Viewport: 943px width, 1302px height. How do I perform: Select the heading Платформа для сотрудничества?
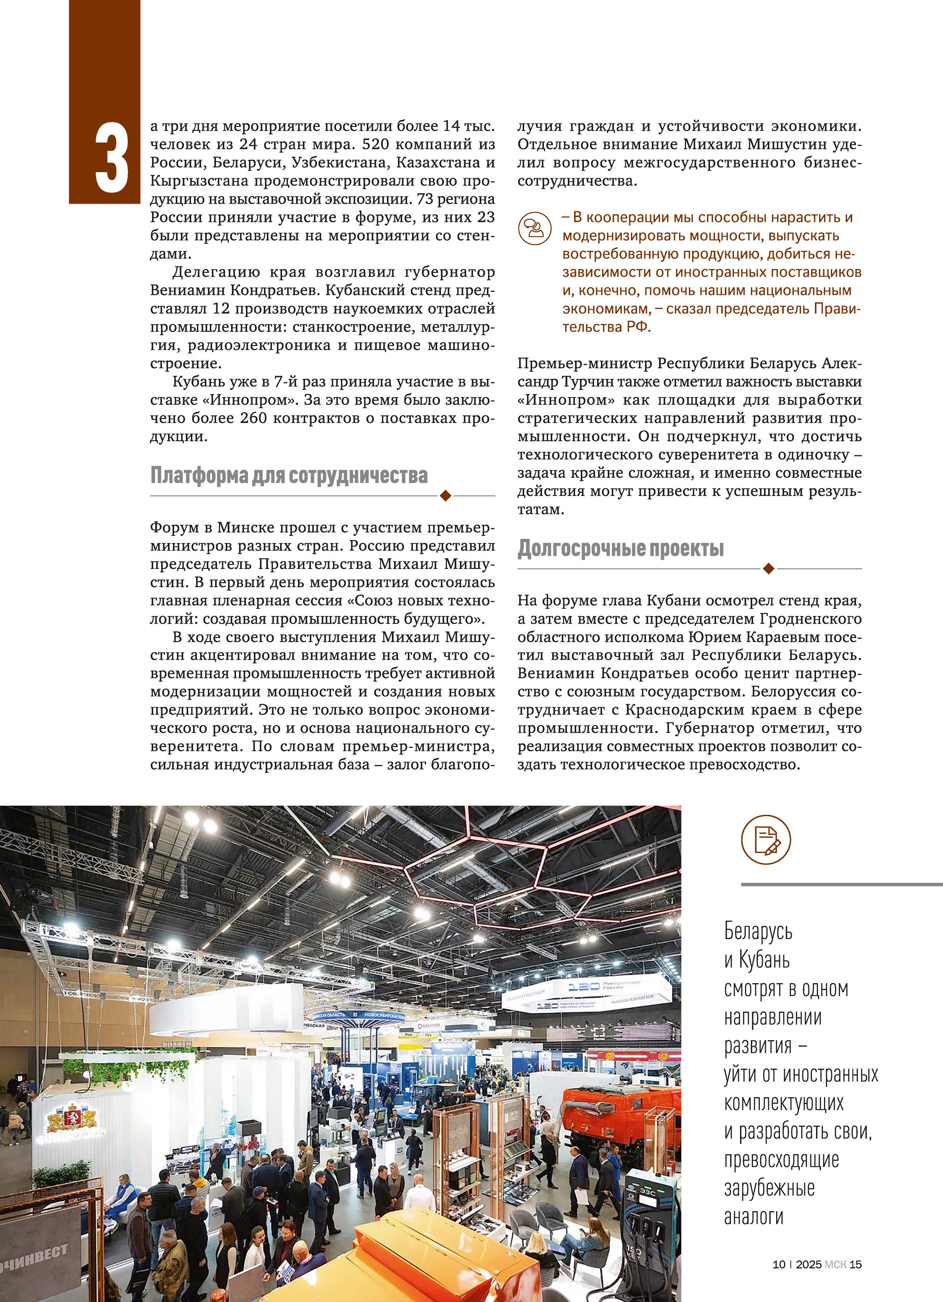[x=289, y=475]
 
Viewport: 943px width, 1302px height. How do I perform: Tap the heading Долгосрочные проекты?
[x=620, y=548]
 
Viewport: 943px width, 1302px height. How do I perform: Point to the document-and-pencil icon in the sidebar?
[x=765, y=839]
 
